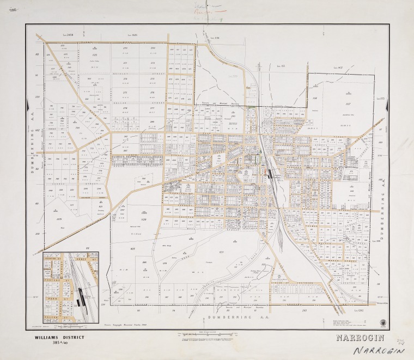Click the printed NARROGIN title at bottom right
(361, 338)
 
